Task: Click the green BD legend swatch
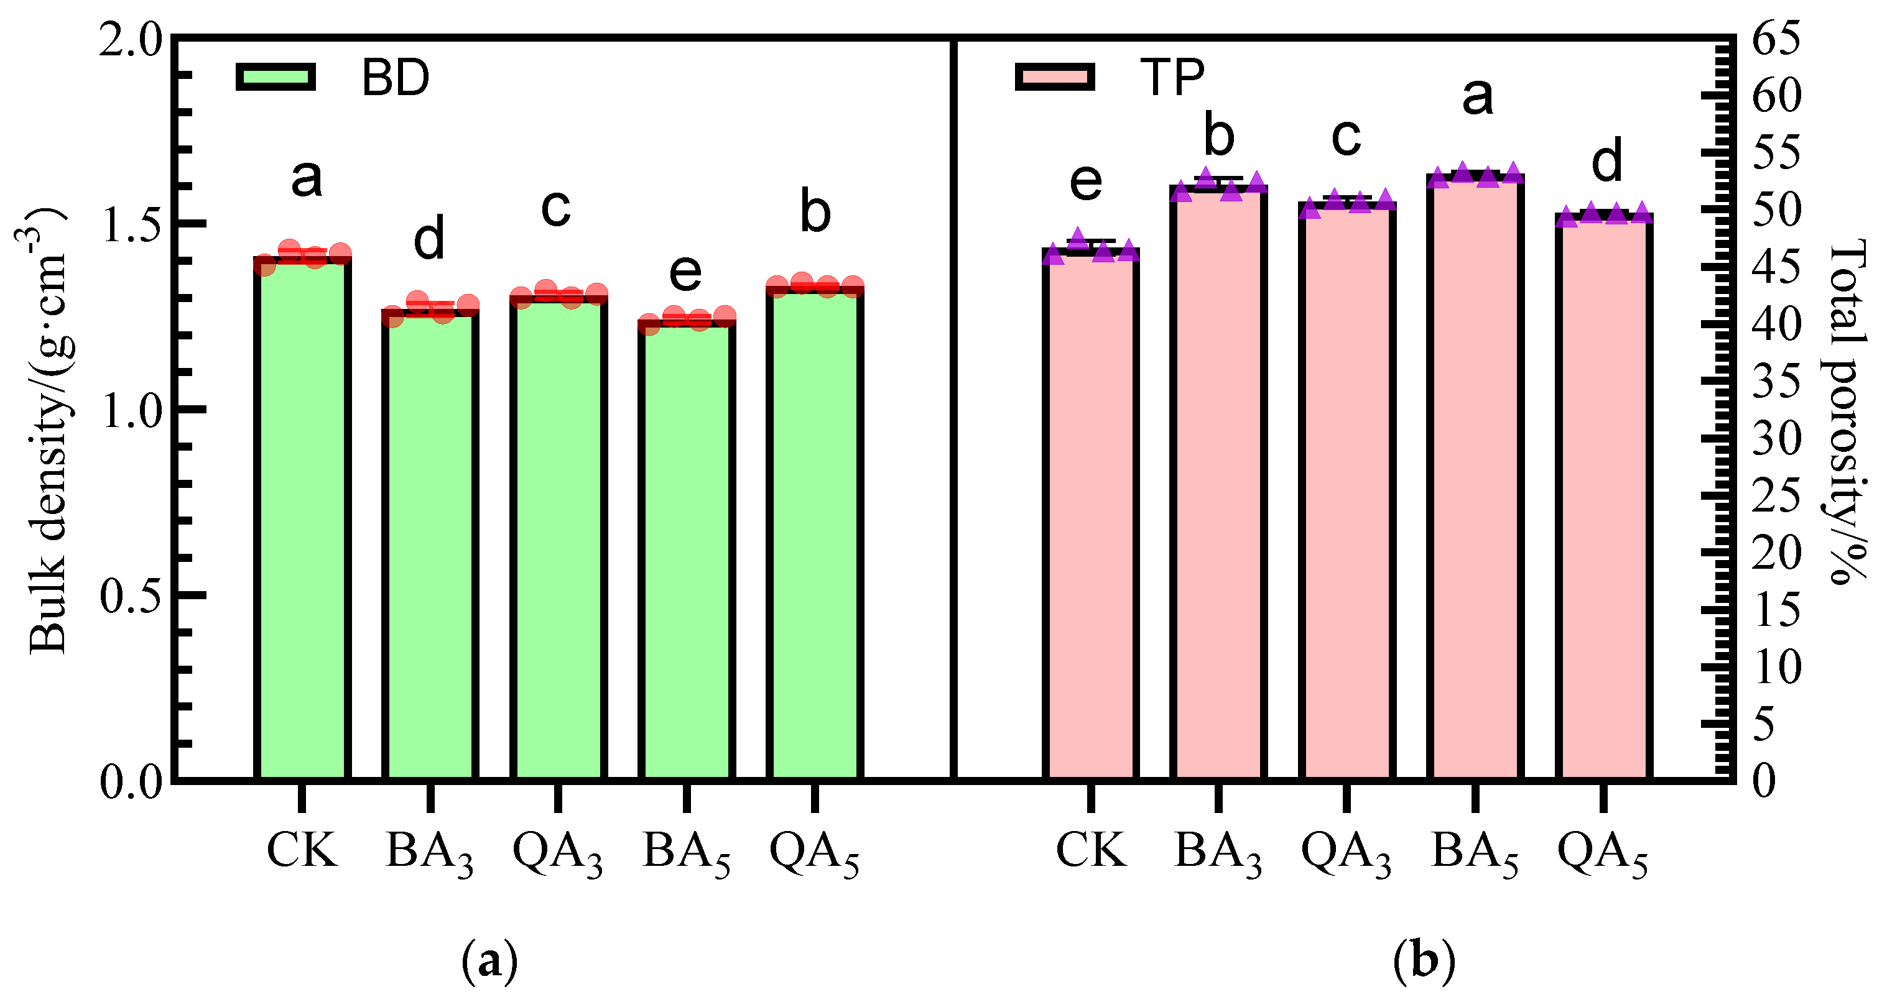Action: coord(276,76)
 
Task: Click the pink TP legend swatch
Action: coord(1055,76)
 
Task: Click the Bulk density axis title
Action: coord(47,431)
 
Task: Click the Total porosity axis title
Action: coord(1848,413)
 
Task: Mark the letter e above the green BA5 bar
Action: coord(685,272)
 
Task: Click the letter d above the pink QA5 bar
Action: coord(1606,162)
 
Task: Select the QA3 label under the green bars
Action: coord(557,853)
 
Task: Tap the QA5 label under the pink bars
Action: coord(1603,853)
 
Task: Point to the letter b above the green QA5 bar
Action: coord(815,213)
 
